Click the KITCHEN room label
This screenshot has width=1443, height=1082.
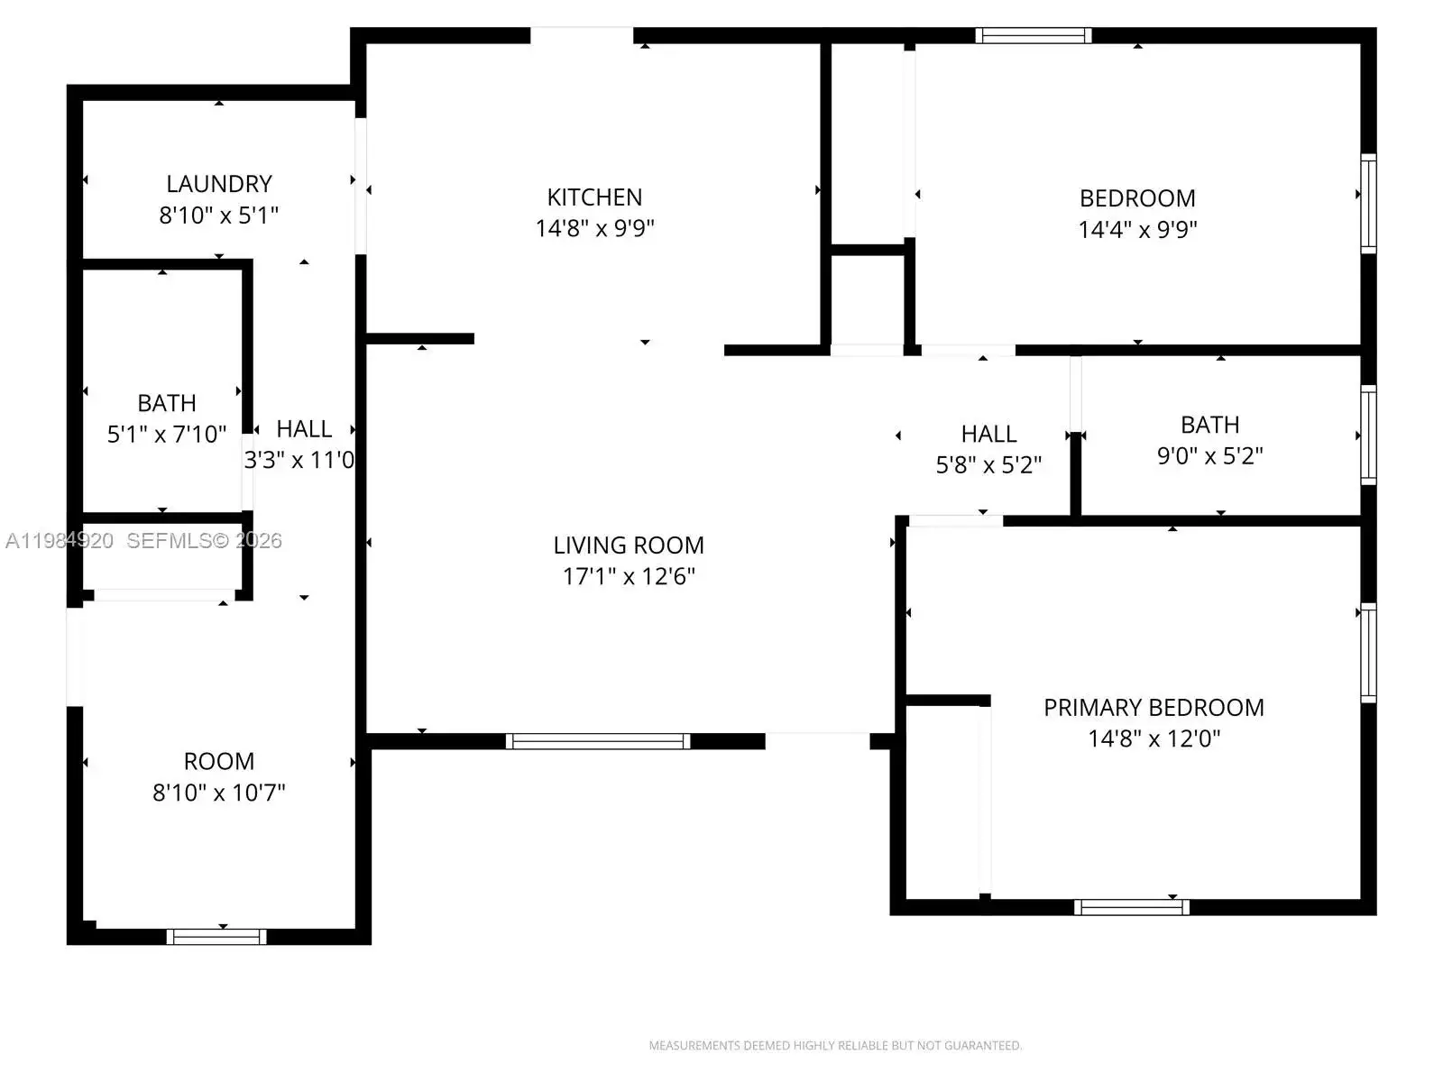pyautogui.click(x=594, y=197)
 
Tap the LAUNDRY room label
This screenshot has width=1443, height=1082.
pyautogui.click(x=219, y=184)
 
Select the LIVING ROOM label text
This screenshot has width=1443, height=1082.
pyautogui.click(x=629, y=546)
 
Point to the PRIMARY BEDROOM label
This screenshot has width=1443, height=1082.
pyautogui.click(x=1153, y=708)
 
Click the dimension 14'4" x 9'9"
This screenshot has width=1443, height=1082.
pyautogui.click(x=1137, y=229)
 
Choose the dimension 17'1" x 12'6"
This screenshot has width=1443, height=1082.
pyautogui.click(x=629, y=576)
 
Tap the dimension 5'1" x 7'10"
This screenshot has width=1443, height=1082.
pyautogui.click(x=166, y=434)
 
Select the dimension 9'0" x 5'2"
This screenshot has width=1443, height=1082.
pyautogui.click(x=1209, y=455)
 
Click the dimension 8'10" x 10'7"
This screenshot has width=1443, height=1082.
pyautogui.click(x=219, y=793)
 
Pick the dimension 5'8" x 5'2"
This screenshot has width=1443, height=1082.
pyautogui.click(x=988, y=464)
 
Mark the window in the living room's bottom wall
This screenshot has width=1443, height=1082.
pyautogui.click(x=598, y=741)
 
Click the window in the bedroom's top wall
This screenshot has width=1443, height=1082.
pyautogui.click(x=1034, y=35)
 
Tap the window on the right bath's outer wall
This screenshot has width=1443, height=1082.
pyautogui.click(x=1368, y=435)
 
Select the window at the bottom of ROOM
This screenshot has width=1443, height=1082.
pyautogui.click(x=216, y=937)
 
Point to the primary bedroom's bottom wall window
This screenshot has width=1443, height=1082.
pyautogui.click(x=1131, y=907)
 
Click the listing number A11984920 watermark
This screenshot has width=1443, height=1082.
pyautogui.click(x=60, y=541)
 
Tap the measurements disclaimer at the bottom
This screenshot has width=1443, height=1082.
pyautogui.click(x=835, y=1045)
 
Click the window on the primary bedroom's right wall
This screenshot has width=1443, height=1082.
pyautogui.click(x=1368, y=653)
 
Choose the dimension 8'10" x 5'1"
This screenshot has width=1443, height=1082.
pyautogui.click(x=219, y=215)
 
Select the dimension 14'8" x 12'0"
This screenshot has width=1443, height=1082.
pyautogui.click(x=1153, y=738)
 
